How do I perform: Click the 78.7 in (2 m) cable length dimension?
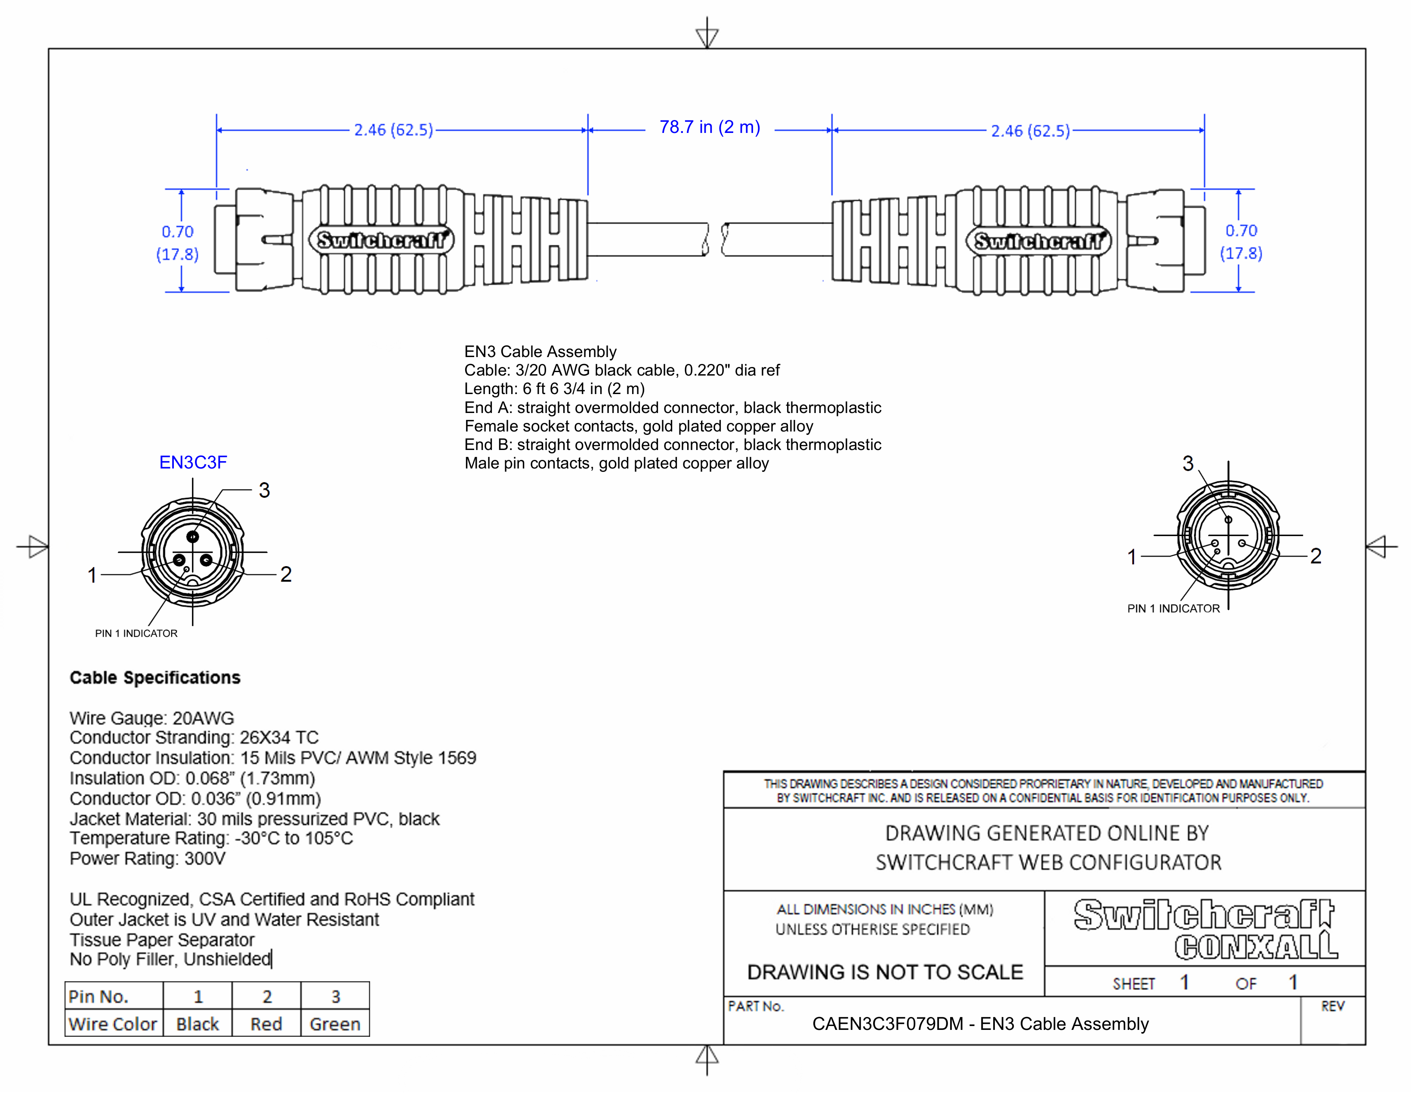709,127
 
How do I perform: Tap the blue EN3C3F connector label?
193,463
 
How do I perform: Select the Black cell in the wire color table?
198,1024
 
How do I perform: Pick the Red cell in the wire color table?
267,1024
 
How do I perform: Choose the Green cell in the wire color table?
335,1024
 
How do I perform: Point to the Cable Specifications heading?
155,678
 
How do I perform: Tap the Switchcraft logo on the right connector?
1038,241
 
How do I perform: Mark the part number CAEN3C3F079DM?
887,1024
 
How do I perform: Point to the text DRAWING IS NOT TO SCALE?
885,972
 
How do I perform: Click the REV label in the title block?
1332,1007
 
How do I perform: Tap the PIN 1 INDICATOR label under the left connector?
136,634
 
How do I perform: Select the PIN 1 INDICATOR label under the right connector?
1173,609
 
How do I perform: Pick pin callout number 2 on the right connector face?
1316,556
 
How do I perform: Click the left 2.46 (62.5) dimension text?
393,130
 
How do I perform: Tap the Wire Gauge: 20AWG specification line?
151,718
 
